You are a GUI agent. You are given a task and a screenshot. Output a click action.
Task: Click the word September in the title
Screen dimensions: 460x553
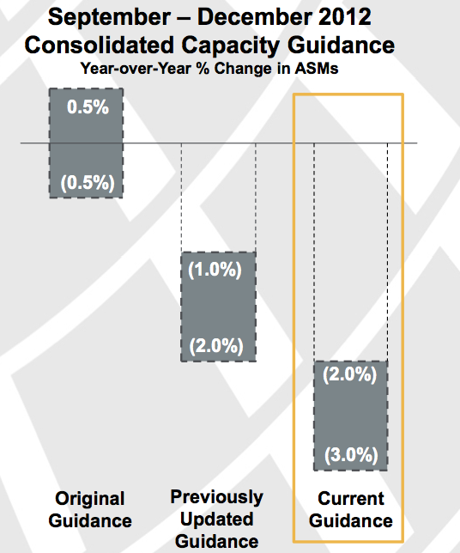coord(109,17)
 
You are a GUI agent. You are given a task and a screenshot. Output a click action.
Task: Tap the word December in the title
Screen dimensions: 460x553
coord(255,16)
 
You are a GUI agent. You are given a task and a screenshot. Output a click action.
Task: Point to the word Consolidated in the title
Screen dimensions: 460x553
coord(100,46)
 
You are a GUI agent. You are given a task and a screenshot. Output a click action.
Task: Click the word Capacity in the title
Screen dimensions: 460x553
coord(231,46)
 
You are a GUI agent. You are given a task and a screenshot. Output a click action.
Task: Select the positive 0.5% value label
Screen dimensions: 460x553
coord(88,106)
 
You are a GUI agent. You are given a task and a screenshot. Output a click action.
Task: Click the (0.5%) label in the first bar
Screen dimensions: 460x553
coord(88,183)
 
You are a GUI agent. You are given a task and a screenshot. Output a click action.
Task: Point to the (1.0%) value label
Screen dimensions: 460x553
coord(215,270)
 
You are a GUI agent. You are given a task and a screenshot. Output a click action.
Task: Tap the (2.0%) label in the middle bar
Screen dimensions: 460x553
coord(216,346)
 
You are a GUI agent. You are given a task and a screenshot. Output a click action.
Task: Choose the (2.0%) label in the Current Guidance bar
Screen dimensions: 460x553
coord(350,374)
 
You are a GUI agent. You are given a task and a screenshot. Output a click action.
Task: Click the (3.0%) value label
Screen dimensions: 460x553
coord(351,454)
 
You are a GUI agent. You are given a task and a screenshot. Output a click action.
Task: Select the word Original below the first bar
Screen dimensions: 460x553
coord(90,500)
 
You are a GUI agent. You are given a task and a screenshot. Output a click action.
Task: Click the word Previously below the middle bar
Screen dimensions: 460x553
coord(217,498)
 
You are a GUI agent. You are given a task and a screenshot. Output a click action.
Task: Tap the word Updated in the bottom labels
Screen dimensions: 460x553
coord(217,520)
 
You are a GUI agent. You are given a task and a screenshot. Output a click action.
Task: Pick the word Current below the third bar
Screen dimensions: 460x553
coord(351,499)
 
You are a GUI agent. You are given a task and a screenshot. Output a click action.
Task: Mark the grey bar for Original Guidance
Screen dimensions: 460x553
coord(86,143)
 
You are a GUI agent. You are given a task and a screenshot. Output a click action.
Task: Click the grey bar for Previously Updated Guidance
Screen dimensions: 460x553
coord(219,307)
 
